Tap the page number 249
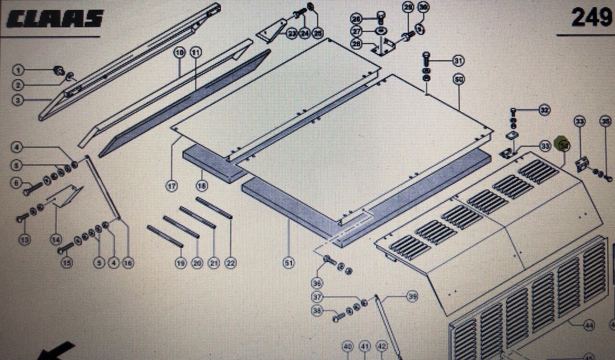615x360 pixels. coord(591,17)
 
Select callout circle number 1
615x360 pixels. coord(19,71)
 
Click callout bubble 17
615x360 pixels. coord(172,186)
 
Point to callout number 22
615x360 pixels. coord(231,263)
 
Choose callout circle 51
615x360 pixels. coord(288,263)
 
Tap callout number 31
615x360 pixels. coord(458,61)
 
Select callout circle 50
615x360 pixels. coord(458,80)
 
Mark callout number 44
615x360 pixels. coord(589,325)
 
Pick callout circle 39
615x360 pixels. coord(412,297)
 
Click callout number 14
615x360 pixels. coord(56,239)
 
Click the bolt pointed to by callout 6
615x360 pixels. coord(32,190)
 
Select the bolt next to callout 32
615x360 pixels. coord(513,110)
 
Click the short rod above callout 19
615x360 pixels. coord(164,236)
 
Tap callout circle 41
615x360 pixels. coord(365,346)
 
